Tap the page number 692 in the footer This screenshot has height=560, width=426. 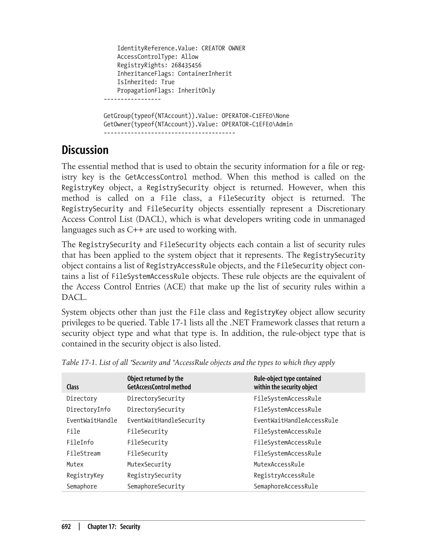pyautogui.click(x=66, y=527)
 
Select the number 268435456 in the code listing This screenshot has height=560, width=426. pyautogui.click(x=186, y=65)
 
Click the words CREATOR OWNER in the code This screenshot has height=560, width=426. pyautogui.click(x=223, y=48)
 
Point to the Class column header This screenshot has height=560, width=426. pyautogui.click(x=73, y=387)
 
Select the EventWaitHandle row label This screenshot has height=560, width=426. pyautogui.click(x=92, y=420)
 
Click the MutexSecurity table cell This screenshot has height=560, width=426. pyautogui.click(x=149, y=464)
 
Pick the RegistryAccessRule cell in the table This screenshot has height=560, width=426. pyautogui.click(x=284, y=475)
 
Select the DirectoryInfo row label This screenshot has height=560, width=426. pyautogui.click(x=88, y=409)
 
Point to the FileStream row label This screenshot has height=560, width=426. pyautogui.click(x=83, y=453)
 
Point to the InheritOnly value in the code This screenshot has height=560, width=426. pyautogui.click(x=196, y=90)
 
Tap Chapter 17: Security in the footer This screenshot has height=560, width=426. pyautogui.click(x=114, y=527)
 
